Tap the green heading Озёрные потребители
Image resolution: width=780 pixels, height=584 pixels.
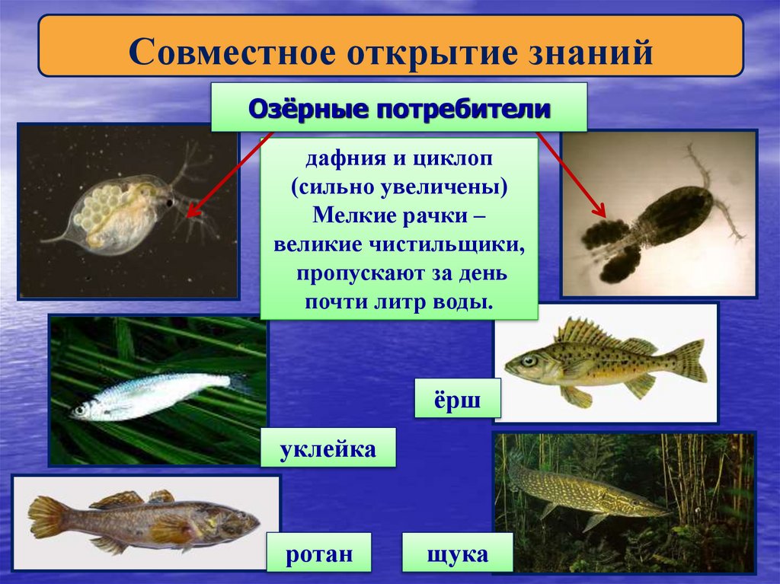399,109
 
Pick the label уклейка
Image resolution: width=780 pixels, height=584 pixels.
328,448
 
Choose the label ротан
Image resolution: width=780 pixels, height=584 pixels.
319,554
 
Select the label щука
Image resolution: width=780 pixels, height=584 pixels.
458,554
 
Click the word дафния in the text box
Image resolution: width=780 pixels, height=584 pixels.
339,161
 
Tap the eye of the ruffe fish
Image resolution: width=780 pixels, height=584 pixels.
529,360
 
